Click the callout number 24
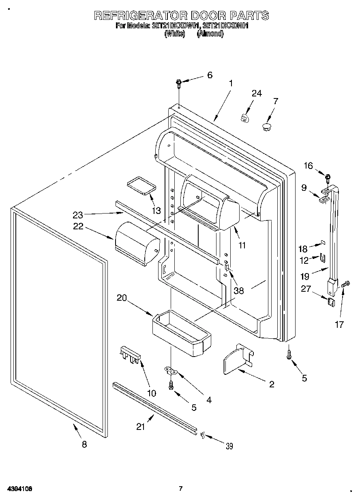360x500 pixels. (x=257, y=94)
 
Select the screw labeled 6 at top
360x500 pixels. (x=179, y=83)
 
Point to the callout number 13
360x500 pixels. (x=156, y=210)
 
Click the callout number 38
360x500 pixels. (x=239, y=291)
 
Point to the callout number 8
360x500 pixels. (x=84, y=444)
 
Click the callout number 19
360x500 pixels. (x=304, y=277)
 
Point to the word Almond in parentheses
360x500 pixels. (x=210, y=34)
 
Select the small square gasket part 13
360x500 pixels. (x=141, y=185)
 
